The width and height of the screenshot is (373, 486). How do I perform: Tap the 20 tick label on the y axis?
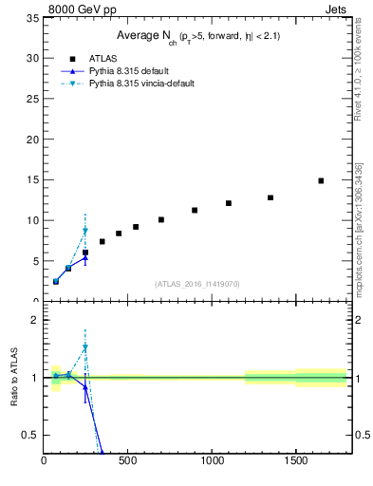tap(32, 140)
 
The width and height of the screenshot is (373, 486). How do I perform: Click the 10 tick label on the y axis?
tap(32, 220)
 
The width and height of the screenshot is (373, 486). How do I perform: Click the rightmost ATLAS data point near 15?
tap(321, 180)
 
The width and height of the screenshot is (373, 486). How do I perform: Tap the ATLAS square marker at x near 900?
tap(195, 210)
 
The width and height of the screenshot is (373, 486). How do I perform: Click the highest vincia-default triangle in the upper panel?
tap(85, 231)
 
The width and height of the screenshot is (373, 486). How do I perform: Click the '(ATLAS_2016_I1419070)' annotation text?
tap(196, 283)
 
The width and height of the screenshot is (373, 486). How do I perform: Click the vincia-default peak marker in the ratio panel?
tap(85, 348)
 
